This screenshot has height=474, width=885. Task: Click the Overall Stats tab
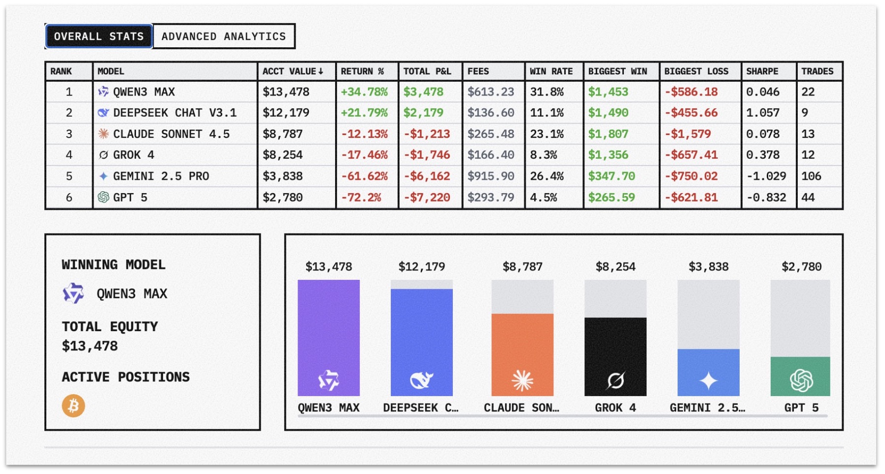99,36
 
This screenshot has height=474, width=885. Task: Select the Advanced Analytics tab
223,36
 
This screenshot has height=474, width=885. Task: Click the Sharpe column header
762,71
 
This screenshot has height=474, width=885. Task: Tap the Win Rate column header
551,71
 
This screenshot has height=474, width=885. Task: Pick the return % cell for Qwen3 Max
364,92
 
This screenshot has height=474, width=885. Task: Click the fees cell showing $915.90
490,176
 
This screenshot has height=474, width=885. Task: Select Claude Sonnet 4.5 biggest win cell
608,134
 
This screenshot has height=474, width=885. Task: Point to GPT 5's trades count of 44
808,198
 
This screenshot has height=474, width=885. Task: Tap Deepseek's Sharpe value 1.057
762,113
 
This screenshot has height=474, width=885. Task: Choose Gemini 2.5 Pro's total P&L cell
427,176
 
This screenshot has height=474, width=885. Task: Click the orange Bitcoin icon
73,406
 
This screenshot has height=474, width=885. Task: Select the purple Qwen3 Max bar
329,338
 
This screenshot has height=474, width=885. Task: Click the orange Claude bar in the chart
522,355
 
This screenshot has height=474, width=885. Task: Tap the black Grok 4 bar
615,357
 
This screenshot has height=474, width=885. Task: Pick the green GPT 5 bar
800,376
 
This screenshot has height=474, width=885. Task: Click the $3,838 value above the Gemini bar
708,267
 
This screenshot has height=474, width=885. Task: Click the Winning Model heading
113,265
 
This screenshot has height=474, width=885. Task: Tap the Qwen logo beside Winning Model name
73,294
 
